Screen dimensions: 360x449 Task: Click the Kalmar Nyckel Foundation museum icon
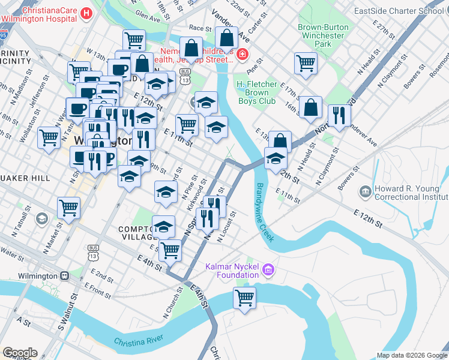pos(268,271)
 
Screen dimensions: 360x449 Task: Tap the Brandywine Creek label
pos(264,212)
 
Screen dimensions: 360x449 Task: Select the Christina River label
pos(139,341)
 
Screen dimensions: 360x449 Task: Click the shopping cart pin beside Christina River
pos(244,298)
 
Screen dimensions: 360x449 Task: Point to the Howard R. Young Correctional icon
pos(365,193)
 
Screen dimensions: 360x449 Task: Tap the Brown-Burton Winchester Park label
pos(322,35)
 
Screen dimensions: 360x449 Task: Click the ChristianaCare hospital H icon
pos(86,13)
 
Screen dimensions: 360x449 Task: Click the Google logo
pos(19,353)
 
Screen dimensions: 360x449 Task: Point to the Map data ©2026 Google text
pos(411,355)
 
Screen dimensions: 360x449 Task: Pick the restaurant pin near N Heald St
pos(339,116)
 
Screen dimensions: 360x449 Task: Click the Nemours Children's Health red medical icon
pos(241,56)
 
